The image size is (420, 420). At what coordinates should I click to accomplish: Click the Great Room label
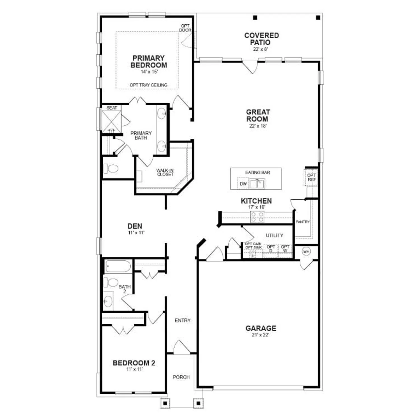[x=258, y=115]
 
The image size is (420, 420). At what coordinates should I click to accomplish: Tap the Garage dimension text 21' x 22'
[x=260, y=335]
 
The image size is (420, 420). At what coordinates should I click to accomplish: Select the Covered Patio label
[x=261, y=39]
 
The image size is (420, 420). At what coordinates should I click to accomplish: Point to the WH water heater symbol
[x=306, y=251]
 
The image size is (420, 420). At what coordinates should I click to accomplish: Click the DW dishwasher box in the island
[x=243, y=184]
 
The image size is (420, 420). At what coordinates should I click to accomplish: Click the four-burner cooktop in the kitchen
[x=257, y=217]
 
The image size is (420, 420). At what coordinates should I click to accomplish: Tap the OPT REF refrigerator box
[x=311, y=177]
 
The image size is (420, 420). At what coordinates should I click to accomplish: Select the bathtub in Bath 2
[x=118, y=266]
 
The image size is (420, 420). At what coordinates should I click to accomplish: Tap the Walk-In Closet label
[x=165, y=172]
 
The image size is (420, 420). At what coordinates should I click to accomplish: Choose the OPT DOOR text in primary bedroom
[x=185, y=28]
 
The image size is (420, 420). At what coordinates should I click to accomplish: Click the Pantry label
[x=303, y=222]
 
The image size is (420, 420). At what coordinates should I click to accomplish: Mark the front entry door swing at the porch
[x=181, y=348]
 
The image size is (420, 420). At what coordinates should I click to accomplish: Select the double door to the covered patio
[x=250, y=67]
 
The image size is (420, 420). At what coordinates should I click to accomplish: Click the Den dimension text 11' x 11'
[x=136, y=233]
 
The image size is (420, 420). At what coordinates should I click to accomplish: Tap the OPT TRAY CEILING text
[x=148, y=85]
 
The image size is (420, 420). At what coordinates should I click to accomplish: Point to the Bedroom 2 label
[x=134, y=363]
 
